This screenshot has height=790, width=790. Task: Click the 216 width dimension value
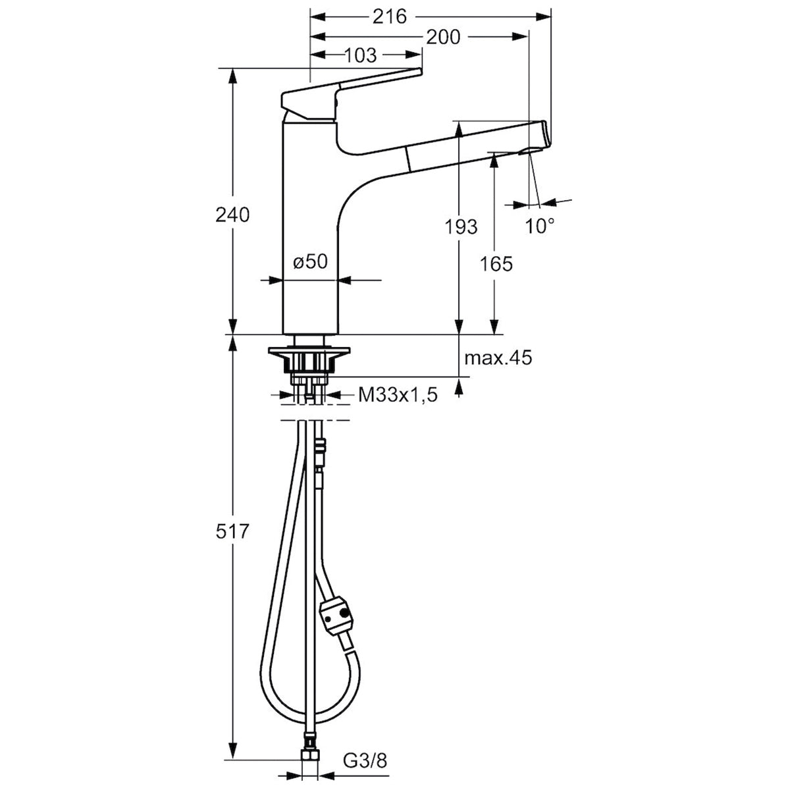[389, 17]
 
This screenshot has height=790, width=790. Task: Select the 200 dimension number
[443, 38]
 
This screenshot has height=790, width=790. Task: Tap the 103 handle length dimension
[359, 55]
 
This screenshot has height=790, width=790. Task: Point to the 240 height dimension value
[232, 215]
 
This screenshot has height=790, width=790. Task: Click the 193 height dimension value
[461, 226]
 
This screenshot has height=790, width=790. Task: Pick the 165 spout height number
[496, 264]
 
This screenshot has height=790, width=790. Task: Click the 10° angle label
[539, 226]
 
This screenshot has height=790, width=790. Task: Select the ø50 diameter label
[311, 261]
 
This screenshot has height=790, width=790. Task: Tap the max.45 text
[498, 358]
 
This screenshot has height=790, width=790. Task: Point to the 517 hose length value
[232, 532]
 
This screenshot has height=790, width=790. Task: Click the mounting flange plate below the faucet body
[309, 351]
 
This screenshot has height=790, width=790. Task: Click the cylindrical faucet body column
[310, 230]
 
